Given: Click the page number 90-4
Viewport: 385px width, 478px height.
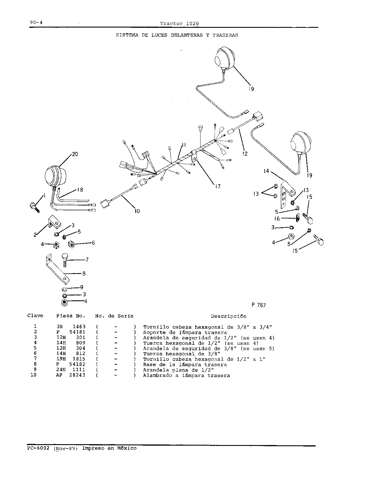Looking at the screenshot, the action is (36, 22).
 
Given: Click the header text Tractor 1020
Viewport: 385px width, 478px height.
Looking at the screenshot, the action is (179, 23).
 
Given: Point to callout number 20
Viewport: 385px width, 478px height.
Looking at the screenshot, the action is (75, 154).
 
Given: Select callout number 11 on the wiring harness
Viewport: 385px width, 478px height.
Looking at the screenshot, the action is (184, 145).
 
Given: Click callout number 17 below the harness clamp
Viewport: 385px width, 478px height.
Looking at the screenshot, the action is (218, 186).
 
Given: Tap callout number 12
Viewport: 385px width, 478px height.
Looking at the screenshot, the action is (245, 154).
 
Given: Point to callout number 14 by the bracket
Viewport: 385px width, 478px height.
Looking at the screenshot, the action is (266, 171).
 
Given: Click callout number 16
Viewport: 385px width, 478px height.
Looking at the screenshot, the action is (277, 219).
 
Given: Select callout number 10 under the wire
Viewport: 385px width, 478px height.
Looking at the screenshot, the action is (137, 211).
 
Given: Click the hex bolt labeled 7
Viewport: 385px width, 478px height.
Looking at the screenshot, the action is (65, 260).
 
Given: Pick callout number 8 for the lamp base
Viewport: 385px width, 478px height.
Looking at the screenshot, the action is (84, 273).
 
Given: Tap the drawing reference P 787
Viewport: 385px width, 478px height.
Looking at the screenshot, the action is (259, 305).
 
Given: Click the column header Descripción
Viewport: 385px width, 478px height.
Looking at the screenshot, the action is (229, 316).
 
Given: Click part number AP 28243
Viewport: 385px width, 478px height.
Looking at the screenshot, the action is (71, 375).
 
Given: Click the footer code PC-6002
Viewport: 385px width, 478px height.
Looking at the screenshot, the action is (38, 448).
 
